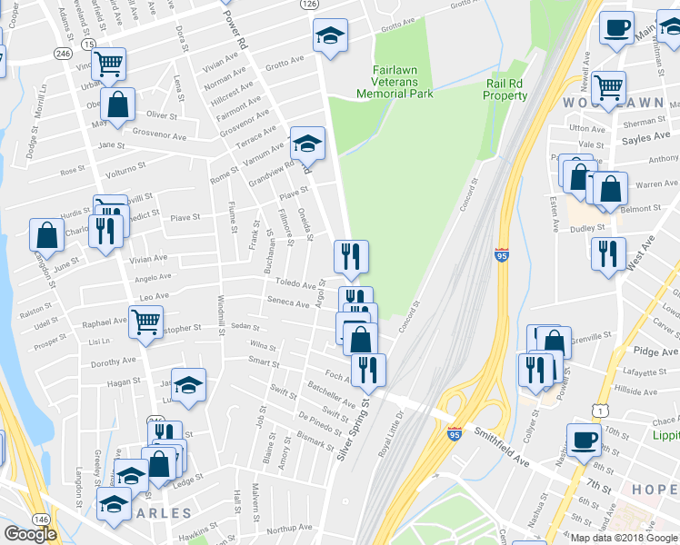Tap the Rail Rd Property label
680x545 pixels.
point(506,89)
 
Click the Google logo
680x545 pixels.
point(30,534)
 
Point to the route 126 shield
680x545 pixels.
point(310,5)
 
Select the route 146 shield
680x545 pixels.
point(41,518)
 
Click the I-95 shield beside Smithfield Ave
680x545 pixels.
point(455,433)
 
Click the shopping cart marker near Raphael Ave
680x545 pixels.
point(145,322)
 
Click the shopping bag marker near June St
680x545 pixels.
point(46,235)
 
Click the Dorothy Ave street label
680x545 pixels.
point(113,362)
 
